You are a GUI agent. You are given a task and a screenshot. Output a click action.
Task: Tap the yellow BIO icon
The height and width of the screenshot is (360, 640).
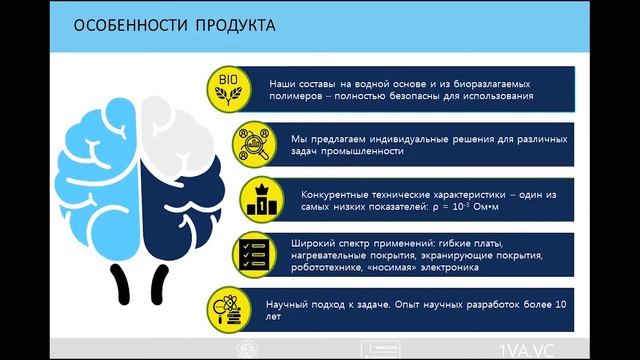[x=228, y=86]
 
